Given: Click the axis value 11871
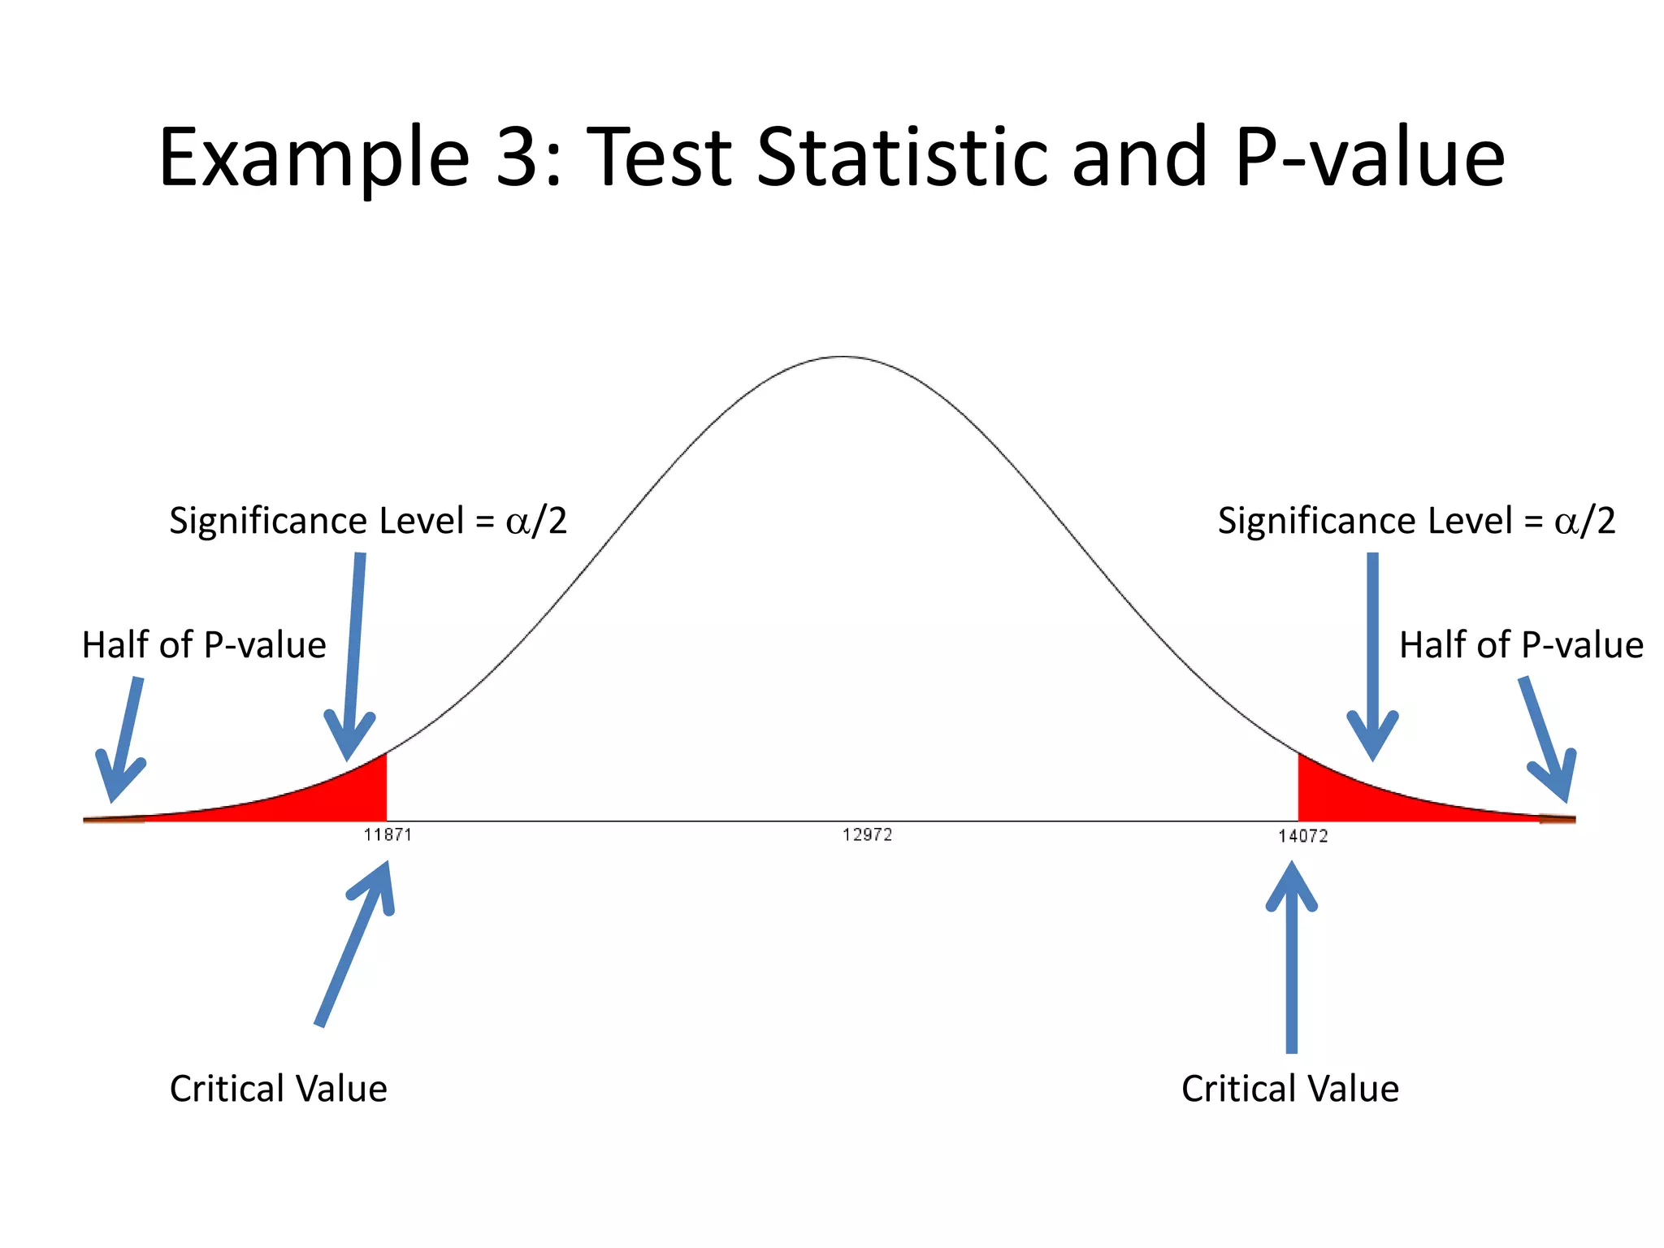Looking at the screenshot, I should (x=388, y=834).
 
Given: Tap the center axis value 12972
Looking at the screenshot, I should (x=867, y=834).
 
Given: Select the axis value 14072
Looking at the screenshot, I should (x=1302, y=836).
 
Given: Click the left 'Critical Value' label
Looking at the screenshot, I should (x=278, y=1089).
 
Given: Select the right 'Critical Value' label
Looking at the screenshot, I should (x=1290, y=1089).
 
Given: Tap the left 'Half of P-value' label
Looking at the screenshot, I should (x=204, y=645).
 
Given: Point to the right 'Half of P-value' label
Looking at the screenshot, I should (x=1521, y=645).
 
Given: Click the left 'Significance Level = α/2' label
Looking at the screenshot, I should (x=367, y=521).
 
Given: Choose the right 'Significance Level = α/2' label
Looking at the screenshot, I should (x=1416, y=521).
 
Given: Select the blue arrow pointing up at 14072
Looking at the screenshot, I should (x=1292, y=959).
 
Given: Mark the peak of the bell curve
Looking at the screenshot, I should (x=845, y=357).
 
